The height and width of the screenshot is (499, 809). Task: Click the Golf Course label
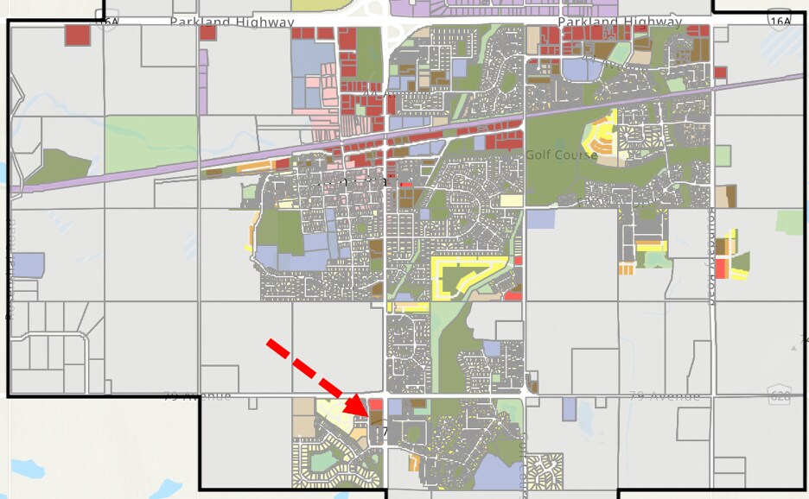coord(562,155)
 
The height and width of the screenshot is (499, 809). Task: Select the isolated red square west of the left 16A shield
coord(77,35)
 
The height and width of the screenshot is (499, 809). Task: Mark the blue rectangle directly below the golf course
coord(539,218)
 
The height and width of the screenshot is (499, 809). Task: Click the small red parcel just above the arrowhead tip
coord(376,403)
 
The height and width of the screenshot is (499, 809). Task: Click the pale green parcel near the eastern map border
coord(788,221)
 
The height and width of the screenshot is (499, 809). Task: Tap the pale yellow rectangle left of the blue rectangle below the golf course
coord(511,200)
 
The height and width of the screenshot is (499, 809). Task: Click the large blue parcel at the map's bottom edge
coord(494,474)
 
